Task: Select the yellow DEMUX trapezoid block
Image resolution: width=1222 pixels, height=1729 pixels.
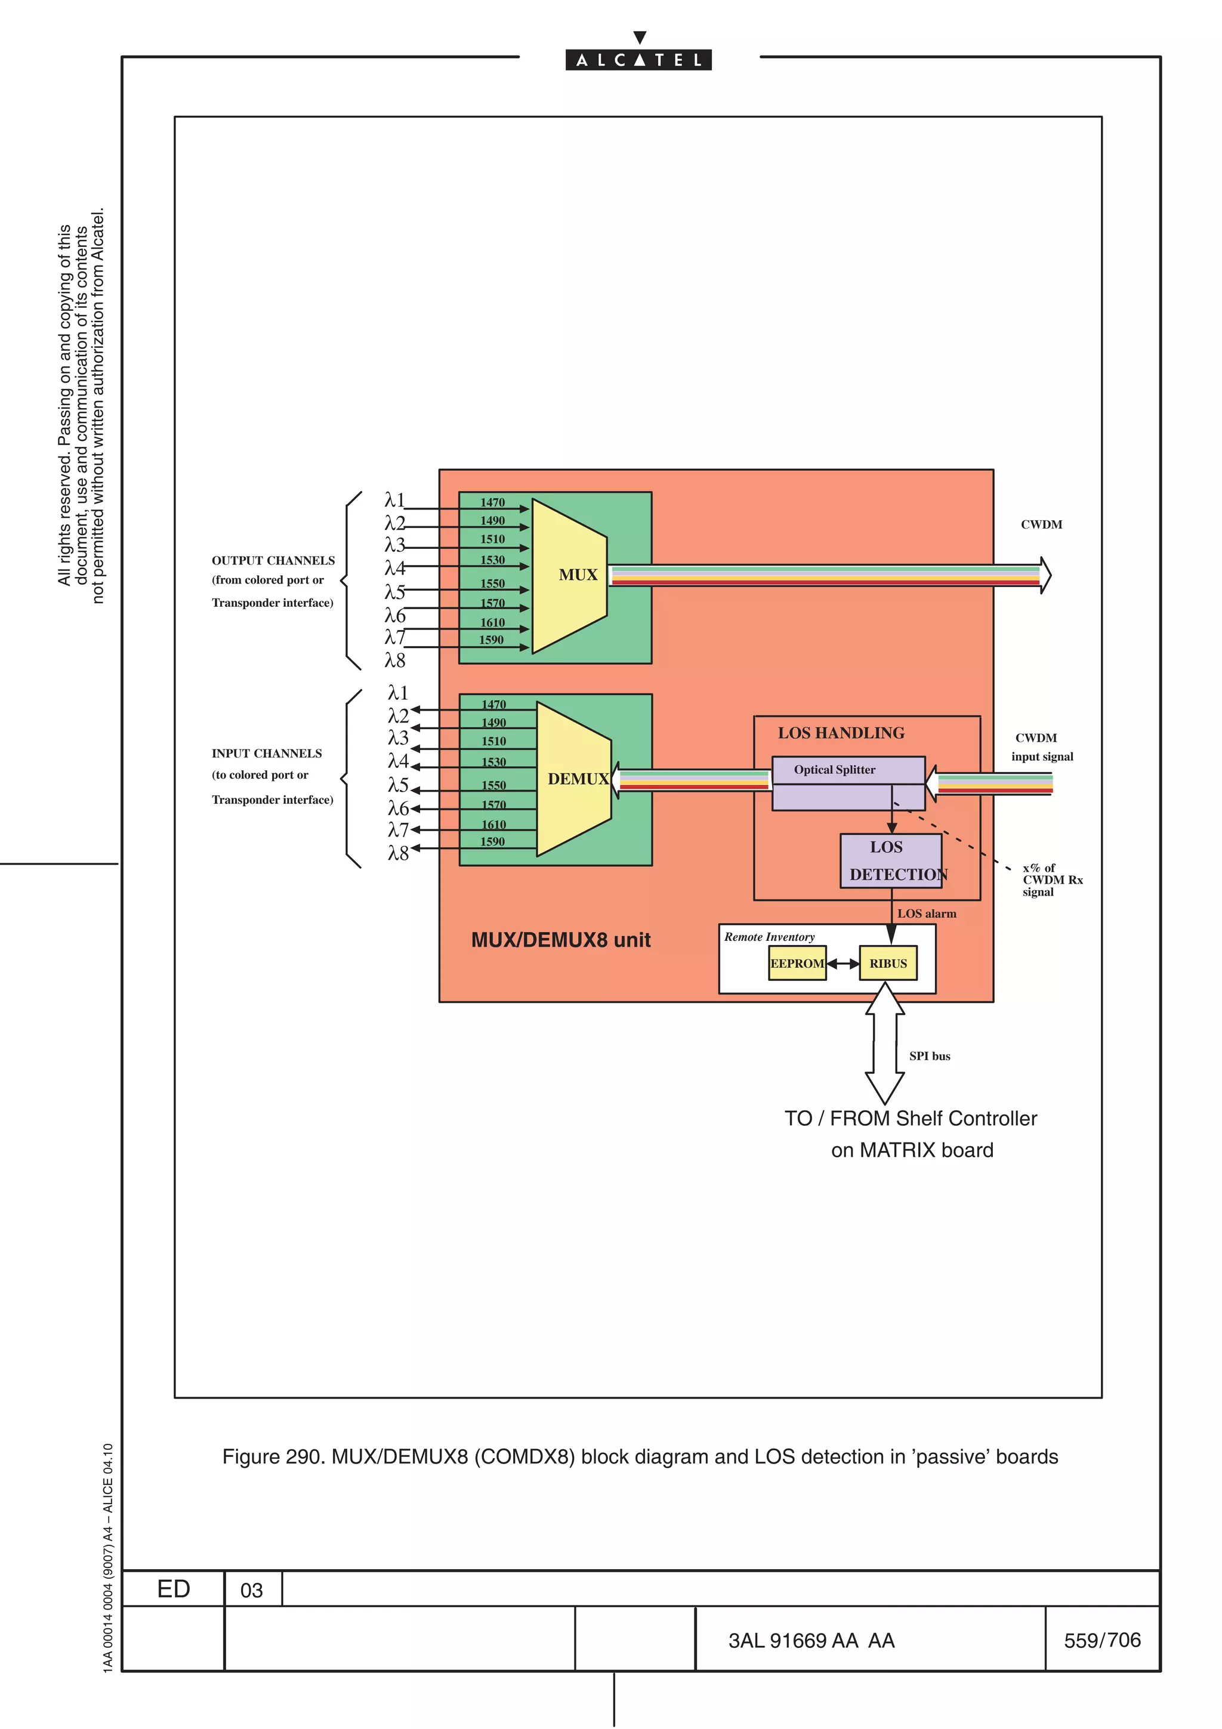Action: click(x=574, y=779)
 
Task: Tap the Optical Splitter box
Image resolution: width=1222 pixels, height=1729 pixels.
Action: click(x=848, y=783)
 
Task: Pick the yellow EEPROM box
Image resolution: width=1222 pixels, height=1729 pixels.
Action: click(x=797, y=963)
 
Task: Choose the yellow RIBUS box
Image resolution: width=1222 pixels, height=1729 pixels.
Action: click(x=888, y=963)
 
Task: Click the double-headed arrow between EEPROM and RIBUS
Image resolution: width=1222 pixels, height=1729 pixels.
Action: click(x=843, y=963)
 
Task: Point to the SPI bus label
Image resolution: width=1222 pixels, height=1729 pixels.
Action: click(x=929, y=1056)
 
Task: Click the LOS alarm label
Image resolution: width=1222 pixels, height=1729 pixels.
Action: click(x=926, y=913)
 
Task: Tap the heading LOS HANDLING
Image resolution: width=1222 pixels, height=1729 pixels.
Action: click(x=841, y=733)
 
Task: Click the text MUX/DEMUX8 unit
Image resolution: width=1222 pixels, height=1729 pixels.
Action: click(x=560, y=940)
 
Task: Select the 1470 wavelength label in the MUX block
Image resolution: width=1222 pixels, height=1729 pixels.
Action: click(x=492, y=502)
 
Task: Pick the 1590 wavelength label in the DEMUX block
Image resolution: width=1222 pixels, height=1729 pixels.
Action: click(x=492, y=841)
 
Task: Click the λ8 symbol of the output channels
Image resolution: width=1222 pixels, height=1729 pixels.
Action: click(x=394, y=660)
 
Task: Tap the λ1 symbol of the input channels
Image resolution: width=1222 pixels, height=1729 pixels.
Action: click(x=397, y=693)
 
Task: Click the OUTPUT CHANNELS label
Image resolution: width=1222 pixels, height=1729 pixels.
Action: click(x=273, y=560)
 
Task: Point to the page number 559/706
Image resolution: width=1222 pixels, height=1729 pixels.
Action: click(x=1101, y=1640)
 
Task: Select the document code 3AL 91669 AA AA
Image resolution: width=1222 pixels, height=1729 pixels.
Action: click(x=811, y=1640)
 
